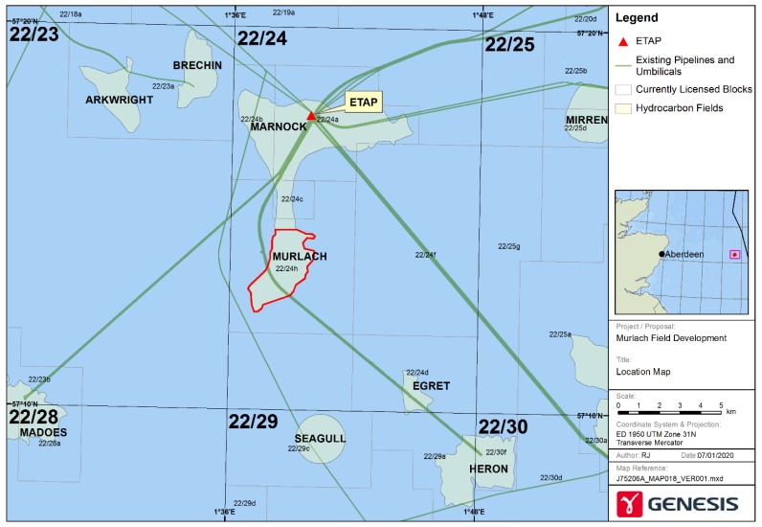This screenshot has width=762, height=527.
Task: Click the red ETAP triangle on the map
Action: [311, 116]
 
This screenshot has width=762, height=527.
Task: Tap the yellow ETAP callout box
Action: [363, 102]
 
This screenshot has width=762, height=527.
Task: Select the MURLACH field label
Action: [300, 257]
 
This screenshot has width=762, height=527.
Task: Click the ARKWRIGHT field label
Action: [119, 101]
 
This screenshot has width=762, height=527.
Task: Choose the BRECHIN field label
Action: [198, 65]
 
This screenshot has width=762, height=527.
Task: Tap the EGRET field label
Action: [431, 386]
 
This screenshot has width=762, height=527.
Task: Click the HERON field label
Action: [489, 470]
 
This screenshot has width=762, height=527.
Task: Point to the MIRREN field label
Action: [586, 120]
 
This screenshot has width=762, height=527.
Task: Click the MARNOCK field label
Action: [278, 127]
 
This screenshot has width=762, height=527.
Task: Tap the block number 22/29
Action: [253, 423]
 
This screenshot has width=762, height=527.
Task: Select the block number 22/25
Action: [509, 44]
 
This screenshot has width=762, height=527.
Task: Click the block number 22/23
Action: [34, 34]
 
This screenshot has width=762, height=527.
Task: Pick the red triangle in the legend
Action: [624, 41]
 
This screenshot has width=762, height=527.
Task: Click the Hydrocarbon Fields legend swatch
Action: [624, 108]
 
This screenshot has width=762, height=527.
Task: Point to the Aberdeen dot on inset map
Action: [662, 254]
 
